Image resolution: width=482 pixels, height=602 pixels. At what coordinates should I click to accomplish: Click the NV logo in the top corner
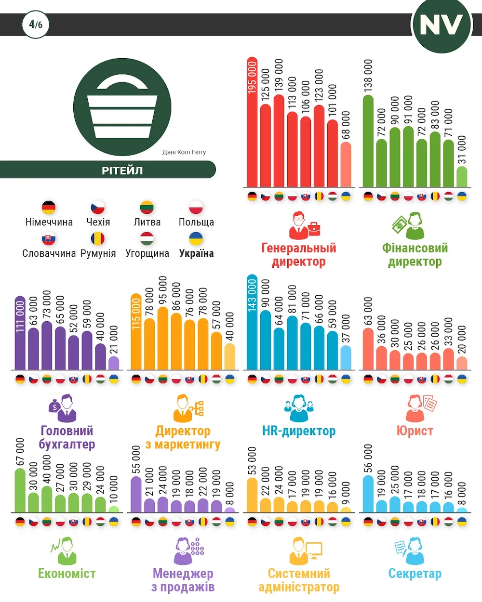point(441,25)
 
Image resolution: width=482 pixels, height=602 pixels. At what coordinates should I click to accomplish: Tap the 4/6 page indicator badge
point(36,25)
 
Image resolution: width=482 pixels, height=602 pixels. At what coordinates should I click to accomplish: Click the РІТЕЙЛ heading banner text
point(122,170)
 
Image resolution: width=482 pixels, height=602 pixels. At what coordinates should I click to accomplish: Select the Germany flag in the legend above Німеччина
point(49,208)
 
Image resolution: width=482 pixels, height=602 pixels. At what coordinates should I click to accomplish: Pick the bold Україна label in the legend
point(196,253)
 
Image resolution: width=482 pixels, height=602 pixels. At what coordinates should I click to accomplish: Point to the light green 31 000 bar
point(462,177)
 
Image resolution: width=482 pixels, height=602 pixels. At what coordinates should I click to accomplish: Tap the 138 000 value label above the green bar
point(368,76)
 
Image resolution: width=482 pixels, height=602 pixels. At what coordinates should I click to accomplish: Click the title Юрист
point(415,431)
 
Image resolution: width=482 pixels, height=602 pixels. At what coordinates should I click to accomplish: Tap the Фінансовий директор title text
point(415,255)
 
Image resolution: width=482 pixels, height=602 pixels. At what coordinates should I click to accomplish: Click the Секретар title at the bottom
point(415,574)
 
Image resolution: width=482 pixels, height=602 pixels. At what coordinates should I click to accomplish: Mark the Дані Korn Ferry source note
point(184,152)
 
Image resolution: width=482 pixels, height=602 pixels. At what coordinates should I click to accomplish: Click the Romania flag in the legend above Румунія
point(98,238)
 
